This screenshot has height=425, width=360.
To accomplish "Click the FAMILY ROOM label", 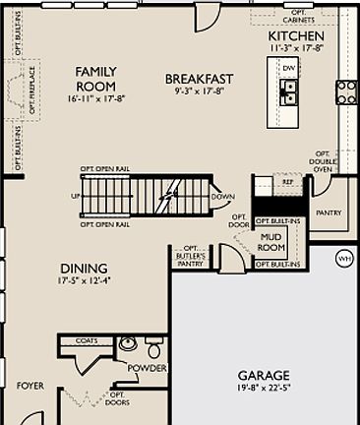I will pos(95,78).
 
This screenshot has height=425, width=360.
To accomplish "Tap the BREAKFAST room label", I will pos(199,79).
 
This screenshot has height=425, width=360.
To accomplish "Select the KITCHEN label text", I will pos(296,35).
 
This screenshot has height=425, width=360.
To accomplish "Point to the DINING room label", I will pos(84,269).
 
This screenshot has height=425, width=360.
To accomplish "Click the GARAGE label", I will pos(264,375).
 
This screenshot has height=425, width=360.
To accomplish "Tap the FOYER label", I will pos(30,386).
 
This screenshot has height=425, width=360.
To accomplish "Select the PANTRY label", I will pos(328,212).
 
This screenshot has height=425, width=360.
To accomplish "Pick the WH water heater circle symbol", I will pos(344,259).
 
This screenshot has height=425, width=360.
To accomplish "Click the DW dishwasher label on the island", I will pos(289,68).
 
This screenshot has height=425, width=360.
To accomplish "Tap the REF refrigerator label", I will pos(288,182).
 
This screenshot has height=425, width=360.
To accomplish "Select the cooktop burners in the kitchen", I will pos(346,91).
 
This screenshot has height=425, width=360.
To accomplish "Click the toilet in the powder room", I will pos(154,349).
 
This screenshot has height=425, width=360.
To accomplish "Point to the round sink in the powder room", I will pos(127,344).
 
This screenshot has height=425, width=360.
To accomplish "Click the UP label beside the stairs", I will pos(75,196).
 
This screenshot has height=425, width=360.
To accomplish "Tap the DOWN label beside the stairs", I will pos(223,196).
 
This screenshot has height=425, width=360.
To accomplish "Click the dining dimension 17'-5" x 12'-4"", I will pos(84,280).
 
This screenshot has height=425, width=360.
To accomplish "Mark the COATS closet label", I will pos(87,341).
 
